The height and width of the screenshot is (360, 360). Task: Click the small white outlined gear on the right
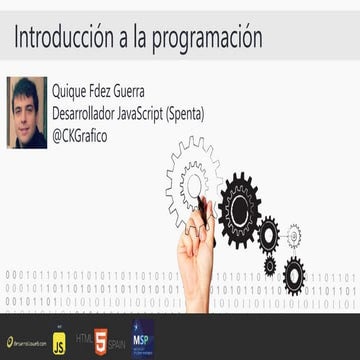294,236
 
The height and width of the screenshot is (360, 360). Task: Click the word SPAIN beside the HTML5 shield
116,341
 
